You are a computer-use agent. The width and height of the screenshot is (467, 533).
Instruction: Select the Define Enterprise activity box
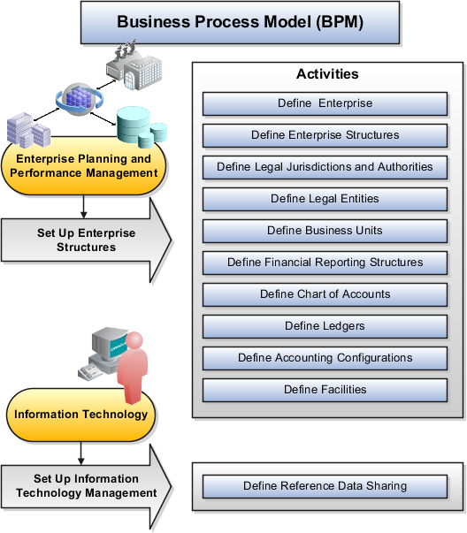(325, 103)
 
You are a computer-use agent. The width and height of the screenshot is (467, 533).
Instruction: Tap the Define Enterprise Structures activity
(325, 135)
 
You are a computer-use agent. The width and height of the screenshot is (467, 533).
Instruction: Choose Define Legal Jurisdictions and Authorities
(325, 167)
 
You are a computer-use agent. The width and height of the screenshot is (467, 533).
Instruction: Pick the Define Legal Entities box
(325, 199)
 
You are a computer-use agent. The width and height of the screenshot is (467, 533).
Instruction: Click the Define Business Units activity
(325, 231)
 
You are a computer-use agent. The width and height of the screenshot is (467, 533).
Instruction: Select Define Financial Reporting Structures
(325, 263)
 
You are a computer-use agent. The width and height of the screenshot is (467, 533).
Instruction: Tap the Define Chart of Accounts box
(325, 294)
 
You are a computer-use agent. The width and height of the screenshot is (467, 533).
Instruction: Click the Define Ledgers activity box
(325, 326)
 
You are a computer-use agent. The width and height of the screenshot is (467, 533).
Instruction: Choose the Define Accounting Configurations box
(325, 358)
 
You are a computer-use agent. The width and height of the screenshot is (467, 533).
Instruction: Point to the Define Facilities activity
(325, 390)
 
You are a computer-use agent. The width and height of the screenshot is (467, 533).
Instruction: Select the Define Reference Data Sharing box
(325, 486)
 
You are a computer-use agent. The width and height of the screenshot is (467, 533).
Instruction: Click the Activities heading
(326, 74)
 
